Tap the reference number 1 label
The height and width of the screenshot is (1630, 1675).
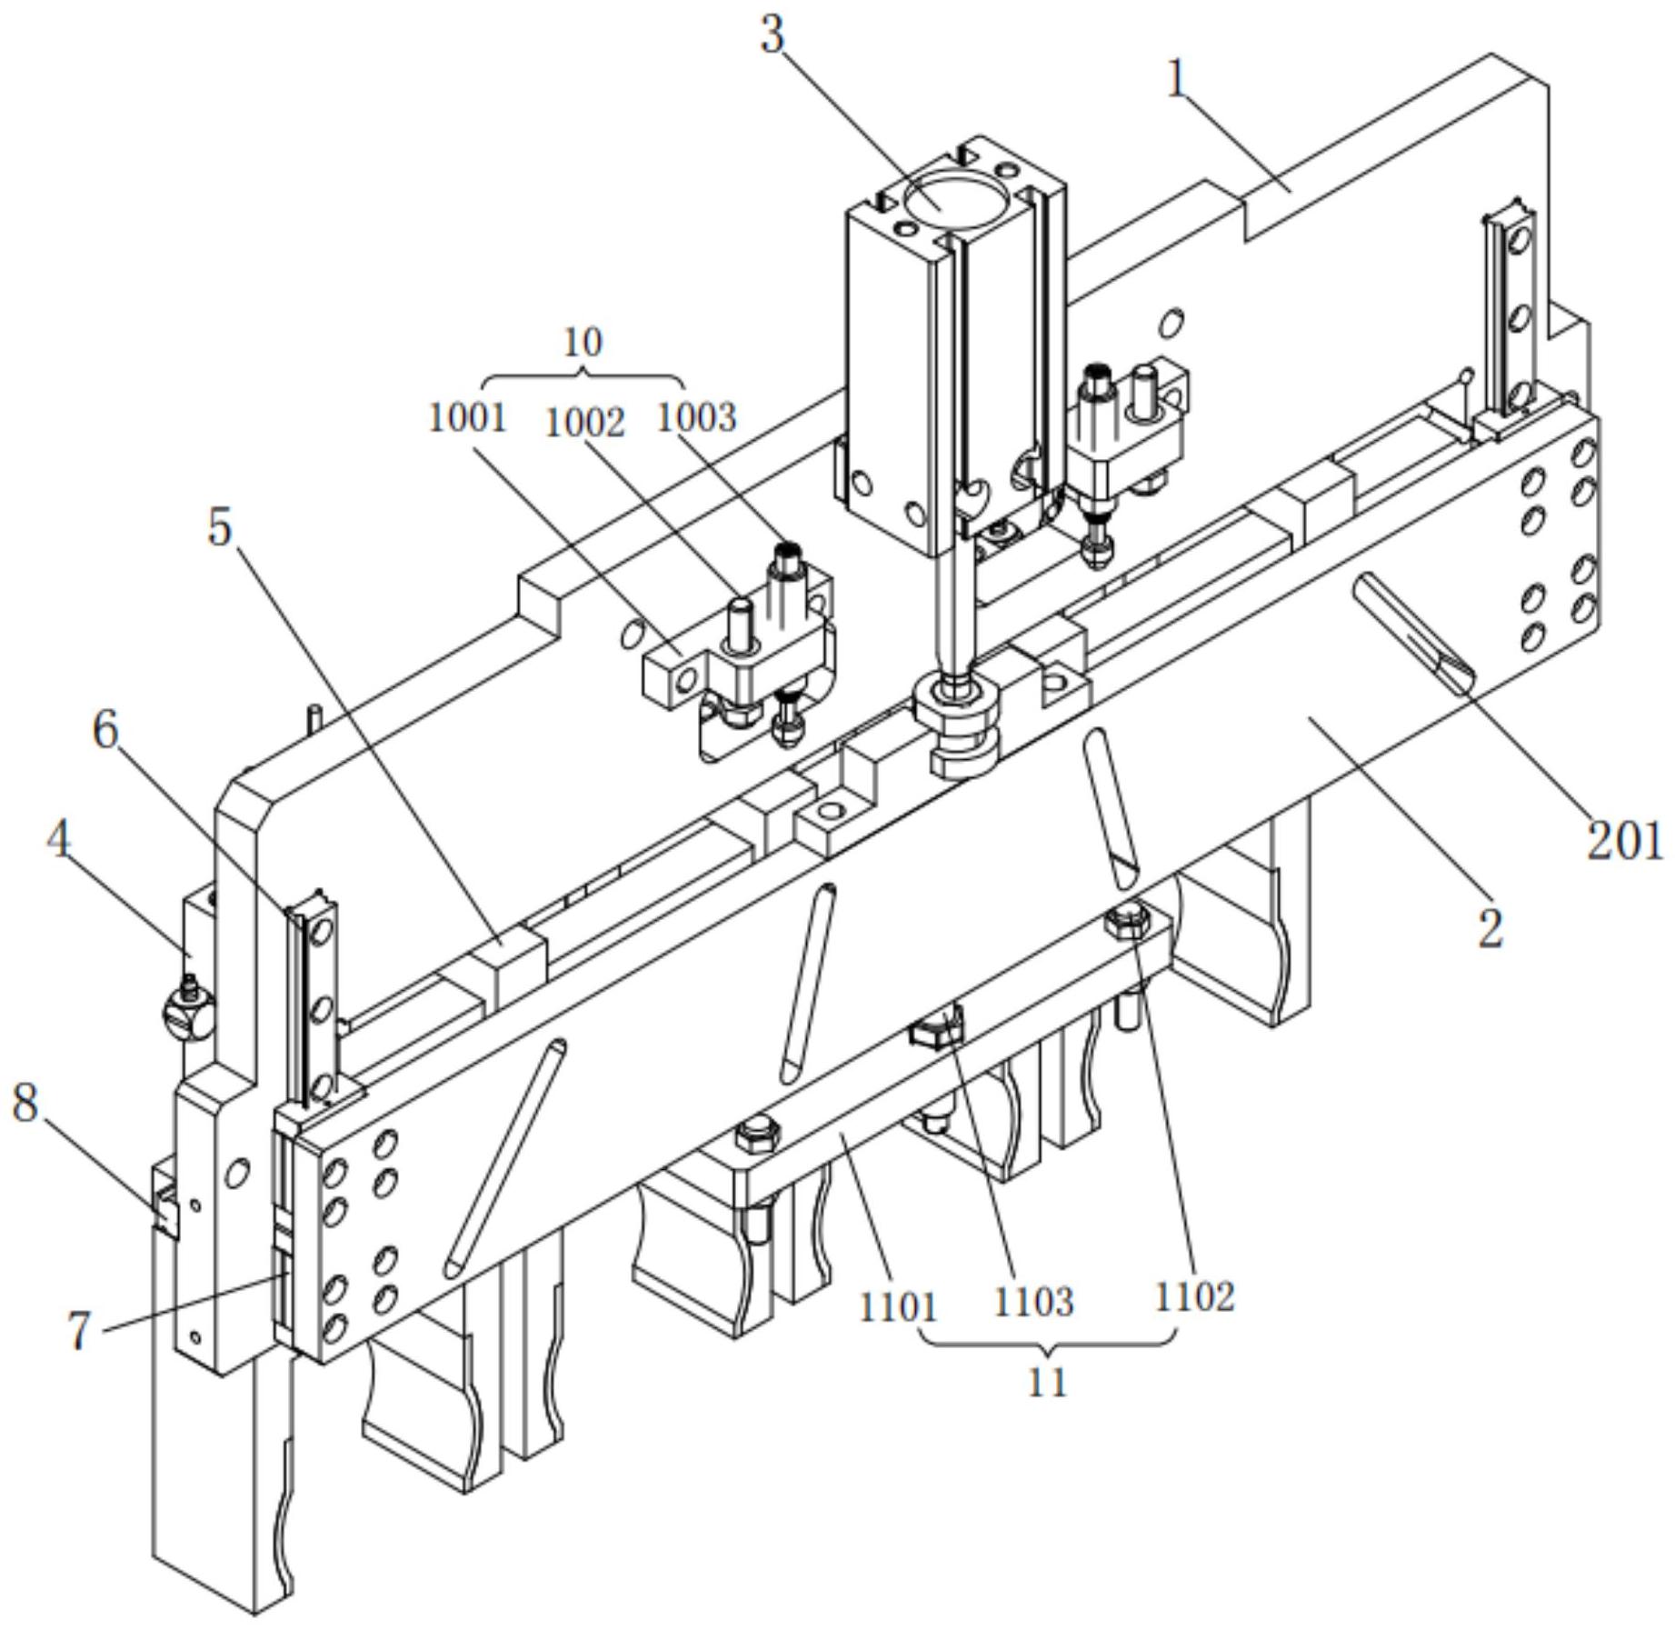(x=1177, y=79)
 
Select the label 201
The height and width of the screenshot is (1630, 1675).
(x=1624, y=841)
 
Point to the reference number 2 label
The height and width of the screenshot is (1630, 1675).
(x=1490, y=928)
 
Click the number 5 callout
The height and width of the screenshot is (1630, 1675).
(x=219, y=526)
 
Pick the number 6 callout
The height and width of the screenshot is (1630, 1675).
(x=106, y=730)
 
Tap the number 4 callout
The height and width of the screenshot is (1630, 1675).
(x=59, y=841)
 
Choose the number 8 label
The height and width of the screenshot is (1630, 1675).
(x=25, y=1104)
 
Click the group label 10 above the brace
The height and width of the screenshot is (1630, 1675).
(x=583, y=343)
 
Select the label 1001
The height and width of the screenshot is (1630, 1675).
(x=467, y=418)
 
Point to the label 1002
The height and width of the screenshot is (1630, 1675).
(x=584, y=424)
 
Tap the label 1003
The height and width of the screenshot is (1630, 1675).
(x=696, y=418)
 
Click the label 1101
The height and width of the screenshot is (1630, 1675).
(x=898, y=1307)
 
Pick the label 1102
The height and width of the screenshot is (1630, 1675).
(x=1194, y=1297)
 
